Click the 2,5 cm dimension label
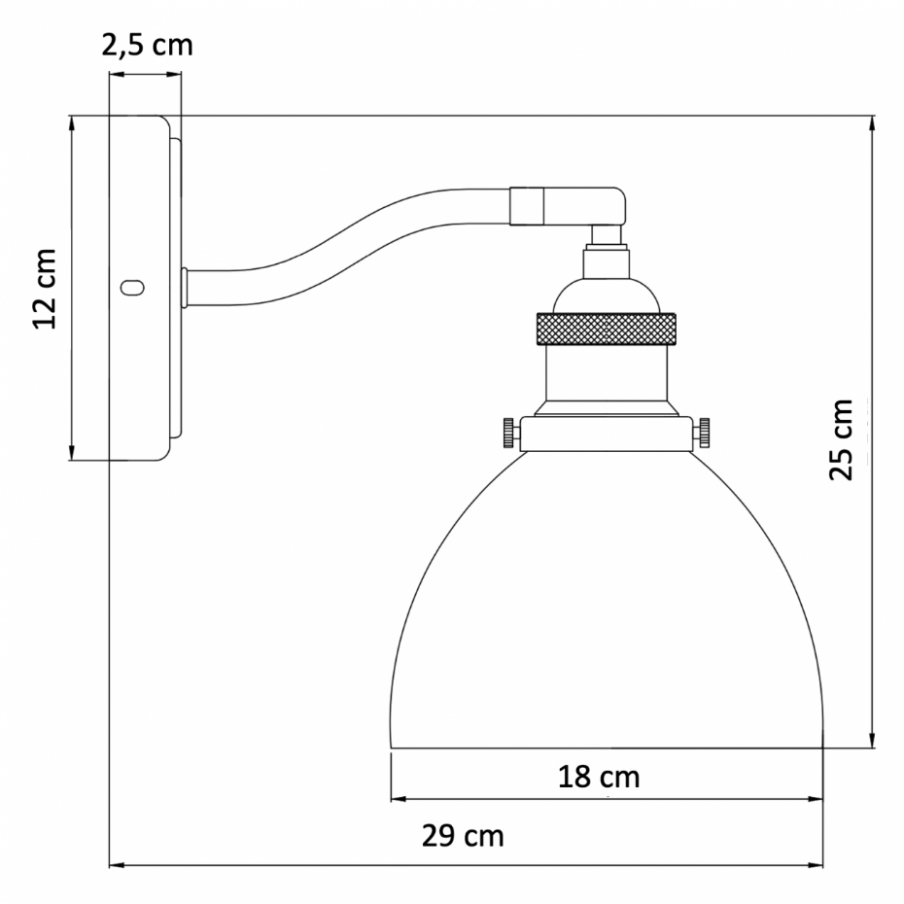pos(147,45)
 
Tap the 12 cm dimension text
pos(45,289)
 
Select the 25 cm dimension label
pos(840,438)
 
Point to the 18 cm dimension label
pos(599,777)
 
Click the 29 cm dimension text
pos(463,835)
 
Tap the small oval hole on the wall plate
pos(132,287)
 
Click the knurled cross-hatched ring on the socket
pos(606,329)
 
